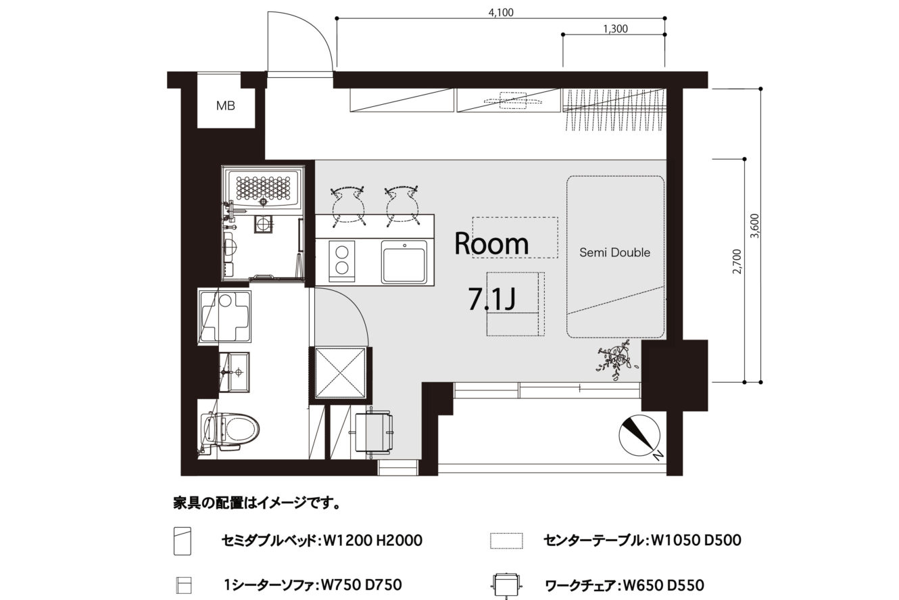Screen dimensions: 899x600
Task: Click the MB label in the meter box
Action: (226, 106)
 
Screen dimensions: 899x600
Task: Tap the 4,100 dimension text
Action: (501, 12)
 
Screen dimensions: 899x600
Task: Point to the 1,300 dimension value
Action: (615, 29)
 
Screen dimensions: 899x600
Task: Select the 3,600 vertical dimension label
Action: (755, 226)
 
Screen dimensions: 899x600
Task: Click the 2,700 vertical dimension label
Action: (737, 262)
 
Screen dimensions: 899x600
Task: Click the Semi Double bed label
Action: (615, 252)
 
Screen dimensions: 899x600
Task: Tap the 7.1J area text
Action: (492, 299)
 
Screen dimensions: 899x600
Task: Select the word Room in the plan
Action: (491, 244)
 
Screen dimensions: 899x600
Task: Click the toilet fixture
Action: (230, 434)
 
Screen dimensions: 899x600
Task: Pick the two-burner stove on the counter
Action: (342, 262)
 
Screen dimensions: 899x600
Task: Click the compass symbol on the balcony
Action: (639, 436)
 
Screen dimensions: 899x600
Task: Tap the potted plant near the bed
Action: (615, 361)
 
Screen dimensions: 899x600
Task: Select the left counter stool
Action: (348, 206)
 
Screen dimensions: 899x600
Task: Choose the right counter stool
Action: (402, 206)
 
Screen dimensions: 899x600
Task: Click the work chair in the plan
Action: (372, 433)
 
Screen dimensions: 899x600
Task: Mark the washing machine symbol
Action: (224, 317)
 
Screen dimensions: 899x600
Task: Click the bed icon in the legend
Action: (183, 541)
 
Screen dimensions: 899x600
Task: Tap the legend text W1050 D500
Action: (696, 540)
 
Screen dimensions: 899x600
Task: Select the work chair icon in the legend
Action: (507, 586)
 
